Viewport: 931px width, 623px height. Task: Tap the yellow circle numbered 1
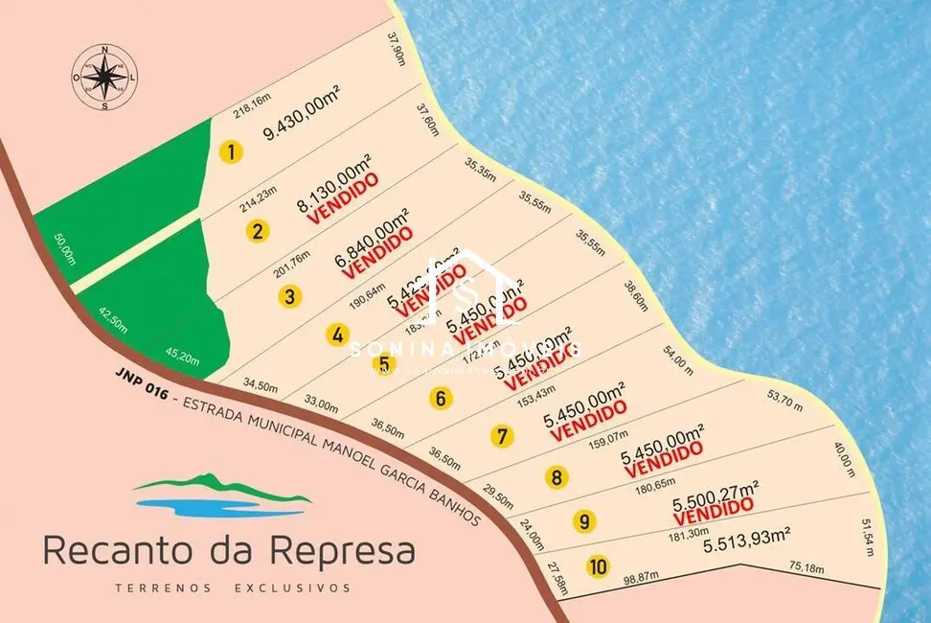pyautogui.click(x=231, y=151)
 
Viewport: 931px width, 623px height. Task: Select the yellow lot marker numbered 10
pyautogui.click(x=599, y=566)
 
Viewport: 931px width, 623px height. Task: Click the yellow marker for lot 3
pyautogui.click(x=289, y=295)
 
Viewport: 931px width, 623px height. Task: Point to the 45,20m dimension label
pyautogui.click(x=182, y=358)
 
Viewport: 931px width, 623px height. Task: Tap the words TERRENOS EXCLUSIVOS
pyautogui.click(x=232, y=588)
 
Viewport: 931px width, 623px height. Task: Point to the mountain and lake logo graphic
pyautogui.click(x=223, y=495)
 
